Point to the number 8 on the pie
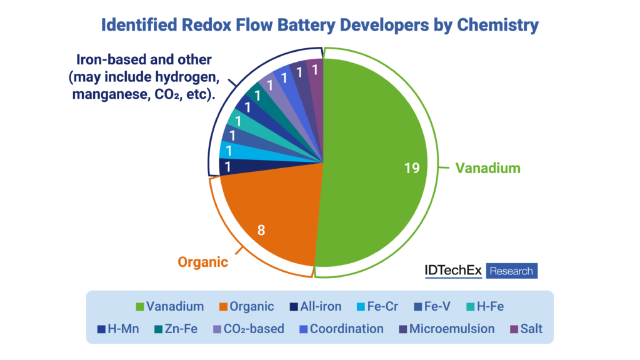(x=261, y=230)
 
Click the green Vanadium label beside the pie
(x=487, y=168)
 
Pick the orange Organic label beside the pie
(x=203, y=262)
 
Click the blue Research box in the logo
(x=511, y=271)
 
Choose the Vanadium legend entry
(x=169, y=306)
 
